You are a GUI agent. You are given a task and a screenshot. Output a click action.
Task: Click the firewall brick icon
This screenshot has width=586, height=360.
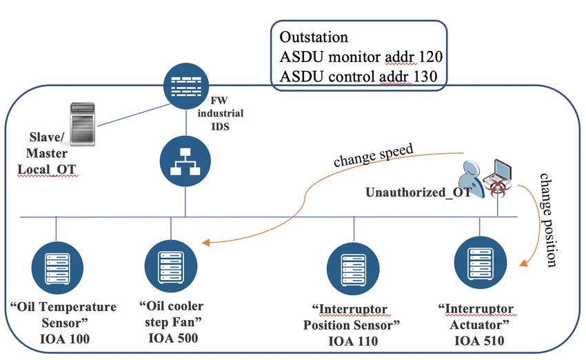point(186,86)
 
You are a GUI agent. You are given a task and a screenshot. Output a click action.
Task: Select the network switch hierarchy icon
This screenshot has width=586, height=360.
point(185,161)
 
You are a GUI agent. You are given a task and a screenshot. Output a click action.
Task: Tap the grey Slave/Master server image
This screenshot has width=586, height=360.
point(82,124)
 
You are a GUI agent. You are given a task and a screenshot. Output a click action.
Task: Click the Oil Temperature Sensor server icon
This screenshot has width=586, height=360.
point(57,268)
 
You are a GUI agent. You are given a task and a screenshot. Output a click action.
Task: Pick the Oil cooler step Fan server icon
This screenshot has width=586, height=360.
point(171,266)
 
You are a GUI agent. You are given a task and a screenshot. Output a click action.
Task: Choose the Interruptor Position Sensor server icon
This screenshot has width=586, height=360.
point(353,269)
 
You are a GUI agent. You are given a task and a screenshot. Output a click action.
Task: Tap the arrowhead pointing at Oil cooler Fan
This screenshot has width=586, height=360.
point(205,243)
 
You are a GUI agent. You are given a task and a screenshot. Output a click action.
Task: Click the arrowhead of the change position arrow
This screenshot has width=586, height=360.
point(524,263)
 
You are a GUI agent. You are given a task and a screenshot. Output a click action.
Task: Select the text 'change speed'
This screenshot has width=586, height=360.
point(374,154)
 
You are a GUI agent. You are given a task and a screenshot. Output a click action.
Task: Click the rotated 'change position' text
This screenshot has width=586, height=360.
point(548,220)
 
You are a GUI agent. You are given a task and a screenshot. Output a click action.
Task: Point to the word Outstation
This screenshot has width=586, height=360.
point(314,37)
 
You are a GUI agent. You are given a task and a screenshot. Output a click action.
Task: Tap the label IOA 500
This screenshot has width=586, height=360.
point(173,338)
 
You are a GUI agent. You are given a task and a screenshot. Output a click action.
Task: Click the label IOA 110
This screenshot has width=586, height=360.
point(353,341)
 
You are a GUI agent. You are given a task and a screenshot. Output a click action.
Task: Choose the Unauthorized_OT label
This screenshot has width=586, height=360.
point(418,192)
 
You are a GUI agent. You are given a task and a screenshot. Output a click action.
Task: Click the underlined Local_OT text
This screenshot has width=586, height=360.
point(47,170)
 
